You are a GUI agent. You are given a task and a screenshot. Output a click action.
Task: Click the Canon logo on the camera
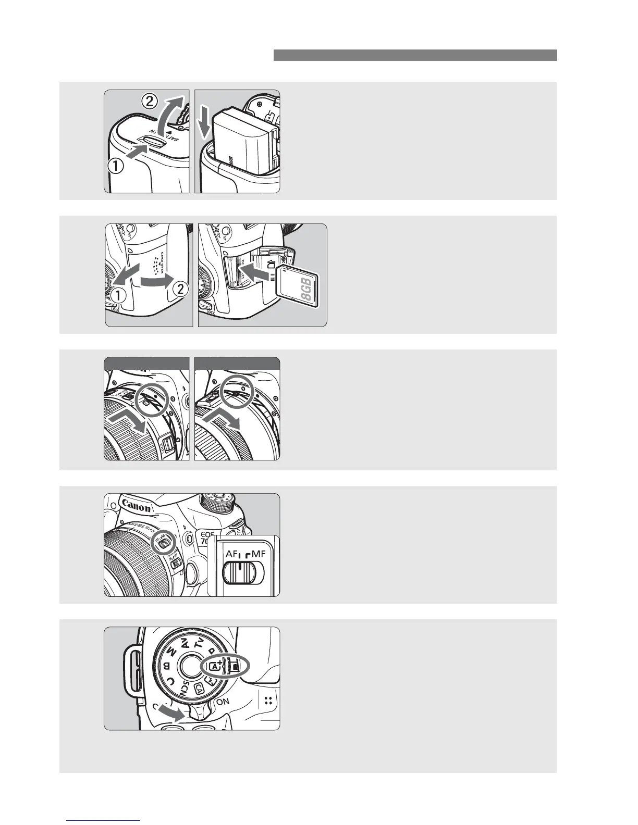click(137, 506)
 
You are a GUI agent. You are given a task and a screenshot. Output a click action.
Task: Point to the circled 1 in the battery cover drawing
click(116, 166)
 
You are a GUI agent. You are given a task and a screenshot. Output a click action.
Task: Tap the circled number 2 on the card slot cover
click(179, 290)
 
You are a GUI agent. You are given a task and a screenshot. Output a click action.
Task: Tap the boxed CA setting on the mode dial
click(199, 688)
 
